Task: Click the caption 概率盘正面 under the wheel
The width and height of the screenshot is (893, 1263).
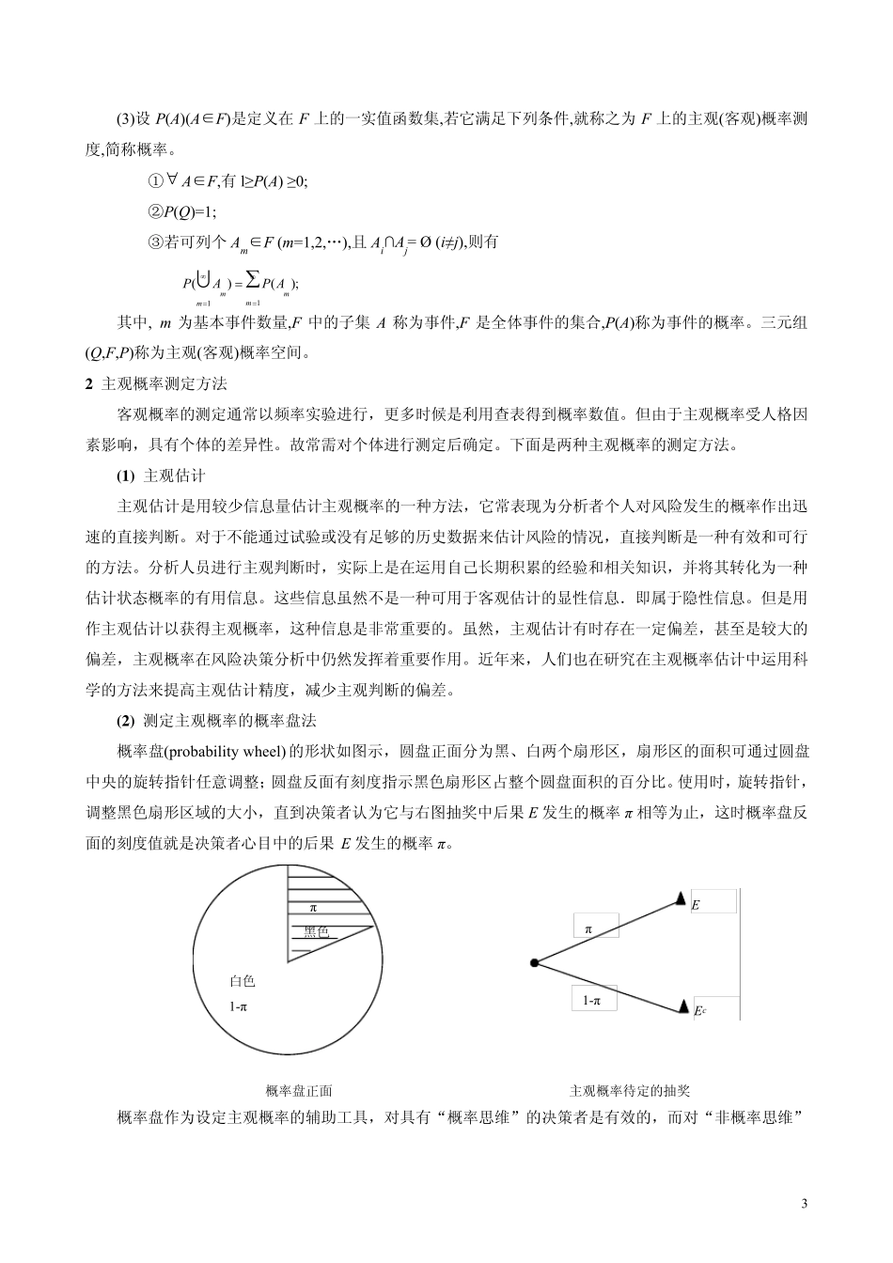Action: [299, 1091]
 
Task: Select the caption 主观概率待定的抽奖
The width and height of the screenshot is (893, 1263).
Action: [629, 1091]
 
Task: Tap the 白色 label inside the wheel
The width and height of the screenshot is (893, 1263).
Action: [243, 981]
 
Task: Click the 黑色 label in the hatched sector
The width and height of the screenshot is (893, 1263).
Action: [316, 932]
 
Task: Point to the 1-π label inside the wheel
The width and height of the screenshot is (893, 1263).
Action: [239, 1006]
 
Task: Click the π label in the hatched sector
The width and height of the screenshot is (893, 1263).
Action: [313, 908]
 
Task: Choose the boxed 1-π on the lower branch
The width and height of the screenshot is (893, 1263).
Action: [591, 1001]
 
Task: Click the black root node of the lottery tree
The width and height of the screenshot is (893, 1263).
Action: [534, 963]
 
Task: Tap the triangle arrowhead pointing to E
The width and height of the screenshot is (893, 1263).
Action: [681, 900]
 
